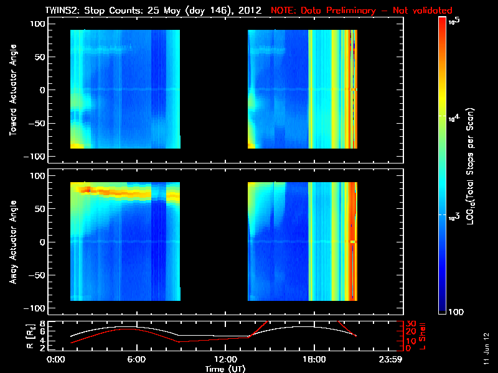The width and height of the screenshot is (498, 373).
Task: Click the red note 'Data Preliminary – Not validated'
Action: click(x=361, y=11)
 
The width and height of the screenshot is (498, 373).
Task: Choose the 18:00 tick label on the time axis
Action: click(x=313, y=359)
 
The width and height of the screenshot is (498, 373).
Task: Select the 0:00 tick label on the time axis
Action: click(x=55, y=359)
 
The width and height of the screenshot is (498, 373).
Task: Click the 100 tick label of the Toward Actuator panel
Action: click(x=37, y=23)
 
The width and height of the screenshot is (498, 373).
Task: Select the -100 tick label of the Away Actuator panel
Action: click(x=35, y=308)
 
